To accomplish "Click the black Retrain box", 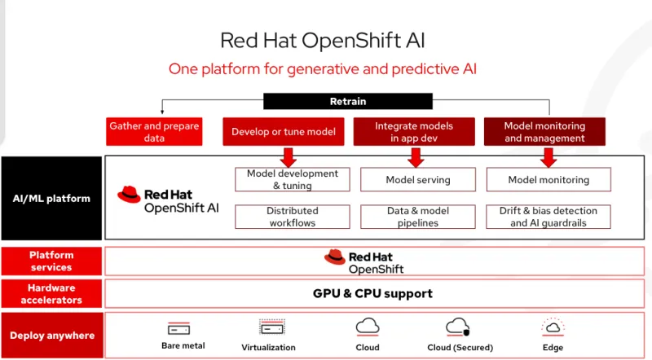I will (x=347, y=101).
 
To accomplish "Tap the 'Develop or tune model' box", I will (x=283, y=132).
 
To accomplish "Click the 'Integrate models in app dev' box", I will (x=413, y=132).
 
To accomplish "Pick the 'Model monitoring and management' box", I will (x=544, y=132).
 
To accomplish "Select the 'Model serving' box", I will (x=417, y=179).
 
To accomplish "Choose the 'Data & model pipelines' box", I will (x=417, y=217).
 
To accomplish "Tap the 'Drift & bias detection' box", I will (x=548, y=217).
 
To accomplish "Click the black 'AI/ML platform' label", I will (x=51, y=198).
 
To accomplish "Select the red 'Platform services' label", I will (x=51, y=261).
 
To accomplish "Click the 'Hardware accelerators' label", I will (x=51, y=294).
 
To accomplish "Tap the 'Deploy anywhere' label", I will (x=51, y=335).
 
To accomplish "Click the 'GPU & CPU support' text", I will (x=372, y=293).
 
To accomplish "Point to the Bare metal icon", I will (x=178, y=328).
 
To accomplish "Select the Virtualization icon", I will (x=271, y=327).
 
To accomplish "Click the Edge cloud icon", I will (x=553, y=327).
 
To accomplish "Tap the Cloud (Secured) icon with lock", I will (x=457, y=327).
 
